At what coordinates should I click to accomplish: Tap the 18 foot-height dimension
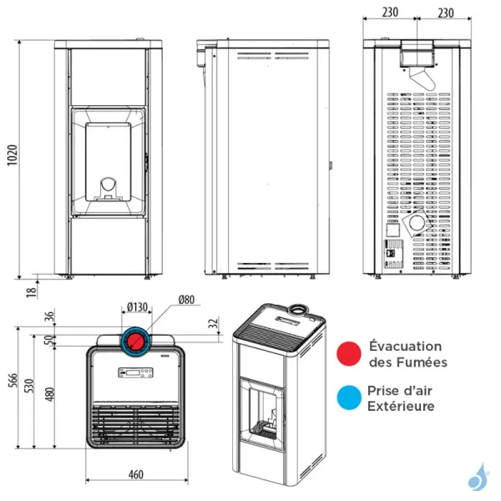(x=31, y=292)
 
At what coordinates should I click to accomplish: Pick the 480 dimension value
(x=49, y=392)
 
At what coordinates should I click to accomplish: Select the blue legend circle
(x=349, y=397)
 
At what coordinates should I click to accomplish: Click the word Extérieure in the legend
(x=402, y=406)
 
